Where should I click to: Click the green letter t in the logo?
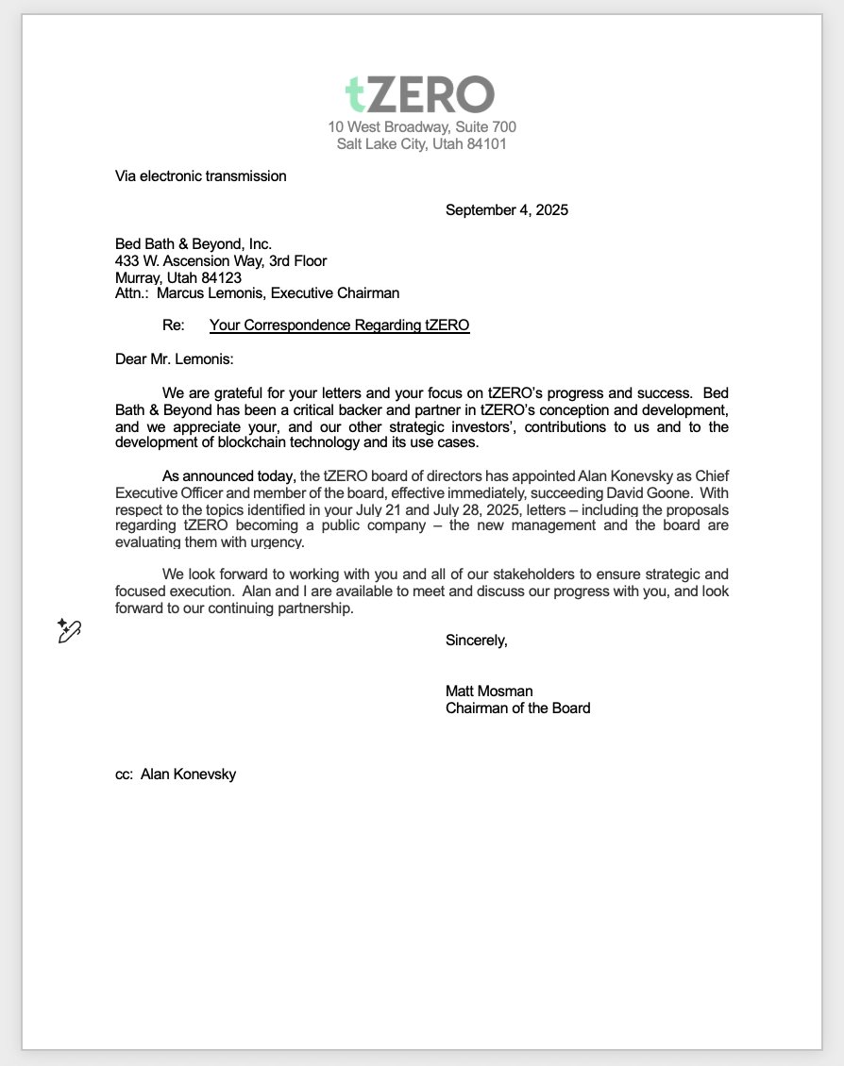pos(355,94)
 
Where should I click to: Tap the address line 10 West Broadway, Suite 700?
pos(422,126)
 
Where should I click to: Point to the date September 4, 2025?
pos(506,210)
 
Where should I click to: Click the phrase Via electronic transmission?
pos(200,175)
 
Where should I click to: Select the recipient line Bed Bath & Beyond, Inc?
pos(194,244)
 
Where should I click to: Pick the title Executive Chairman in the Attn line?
pos(335,293)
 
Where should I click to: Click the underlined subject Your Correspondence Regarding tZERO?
pos(339,325)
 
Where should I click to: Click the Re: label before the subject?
pos(174,325)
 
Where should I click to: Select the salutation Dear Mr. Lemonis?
pos(175,358)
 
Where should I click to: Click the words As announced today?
pos(228,475)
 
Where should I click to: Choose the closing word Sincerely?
pos(476,641)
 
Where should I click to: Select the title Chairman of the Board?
pos(517,708)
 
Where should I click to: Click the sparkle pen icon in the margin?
pos(69,630)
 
